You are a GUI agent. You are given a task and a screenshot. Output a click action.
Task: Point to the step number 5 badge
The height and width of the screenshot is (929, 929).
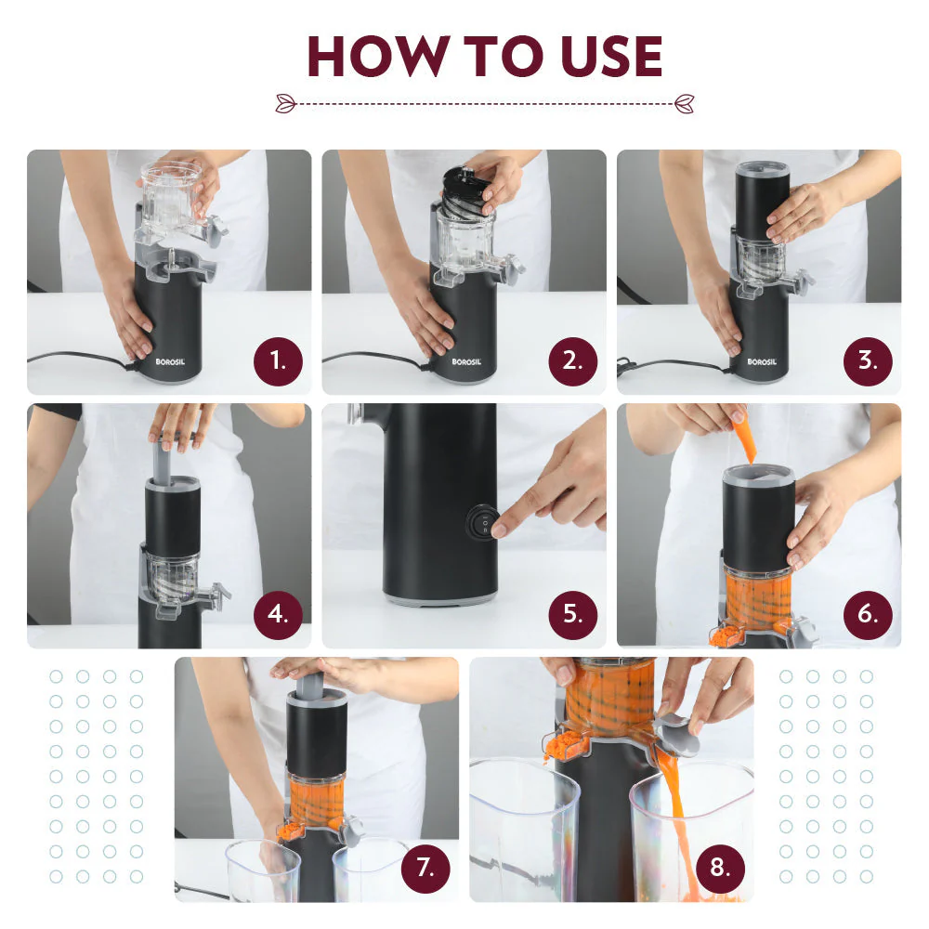coord(572,614)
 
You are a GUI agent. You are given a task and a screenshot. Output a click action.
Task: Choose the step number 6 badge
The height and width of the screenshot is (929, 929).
coord(868,614)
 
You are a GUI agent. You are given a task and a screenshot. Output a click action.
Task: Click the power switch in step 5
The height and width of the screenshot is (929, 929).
coord(482,522)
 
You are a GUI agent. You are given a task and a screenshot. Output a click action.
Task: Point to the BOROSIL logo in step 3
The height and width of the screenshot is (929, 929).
coord(762,362)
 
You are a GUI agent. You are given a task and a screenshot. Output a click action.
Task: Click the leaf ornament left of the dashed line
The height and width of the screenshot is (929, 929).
coord(285,103)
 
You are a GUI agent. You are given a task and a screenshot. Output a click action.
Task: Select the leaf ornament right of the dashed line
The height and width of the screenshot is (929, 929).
coord(685,103)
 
